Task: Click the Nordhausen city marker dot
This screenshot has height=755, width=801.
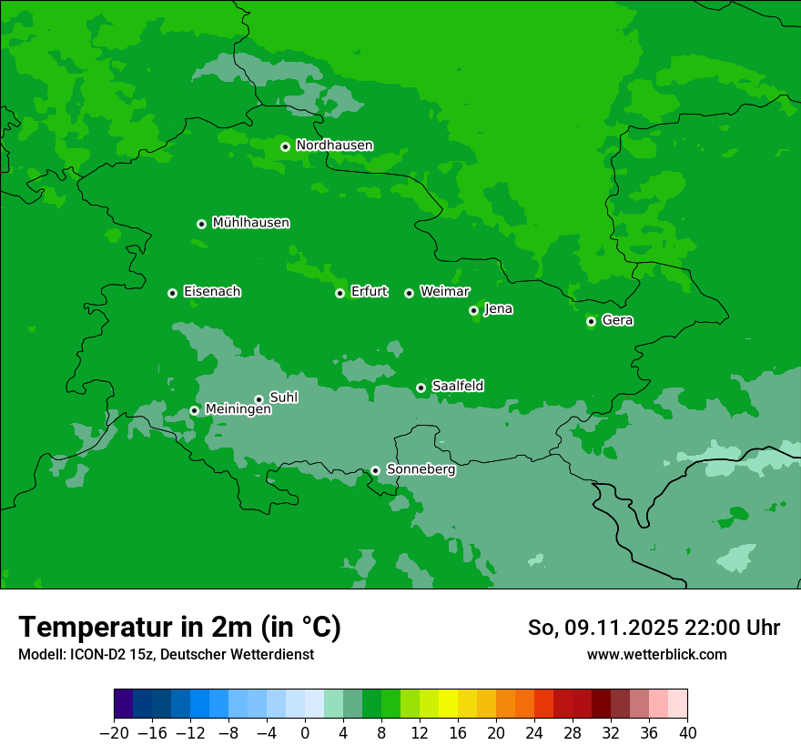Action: (285, 146)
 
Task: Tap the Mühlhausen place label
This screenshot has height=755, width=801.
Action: (250, 223)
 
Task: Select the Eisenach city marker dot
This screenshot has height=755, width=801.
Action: (172, 293)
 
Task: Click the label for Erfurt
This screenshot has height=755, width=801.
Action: (369, 292)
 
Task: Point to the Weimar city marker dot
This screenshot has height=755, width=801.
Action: (409, 293)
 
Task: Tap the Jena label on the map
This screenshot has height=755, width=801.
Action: (498, 309)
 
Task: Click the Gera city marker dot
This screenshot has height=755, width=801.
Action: (591, 321)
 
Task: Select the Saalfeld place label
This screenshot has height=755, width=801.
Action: (457, 387)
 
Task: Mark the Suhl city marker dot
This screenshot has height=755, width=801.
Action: (259, 399)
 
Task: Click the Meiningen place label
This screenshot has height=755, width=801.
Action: (238, 410)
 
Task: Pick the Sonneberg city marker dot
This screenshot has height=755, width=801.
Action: (375, 470)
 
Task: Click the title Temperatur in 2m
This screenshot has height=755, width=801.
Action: (179, 628)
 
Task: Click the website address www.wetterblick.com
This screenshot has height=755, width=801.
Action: (656, 655)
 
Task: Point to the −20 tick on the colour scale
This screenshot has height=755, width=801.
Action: (115, 732)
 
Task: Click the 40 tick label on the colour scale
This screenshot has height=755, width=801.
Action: (687, 732)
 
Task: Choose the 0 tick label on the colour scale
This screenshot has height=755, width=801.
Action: (305, 732)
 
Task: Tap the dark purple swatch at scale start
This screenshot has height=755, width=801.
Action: (124, 703)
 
